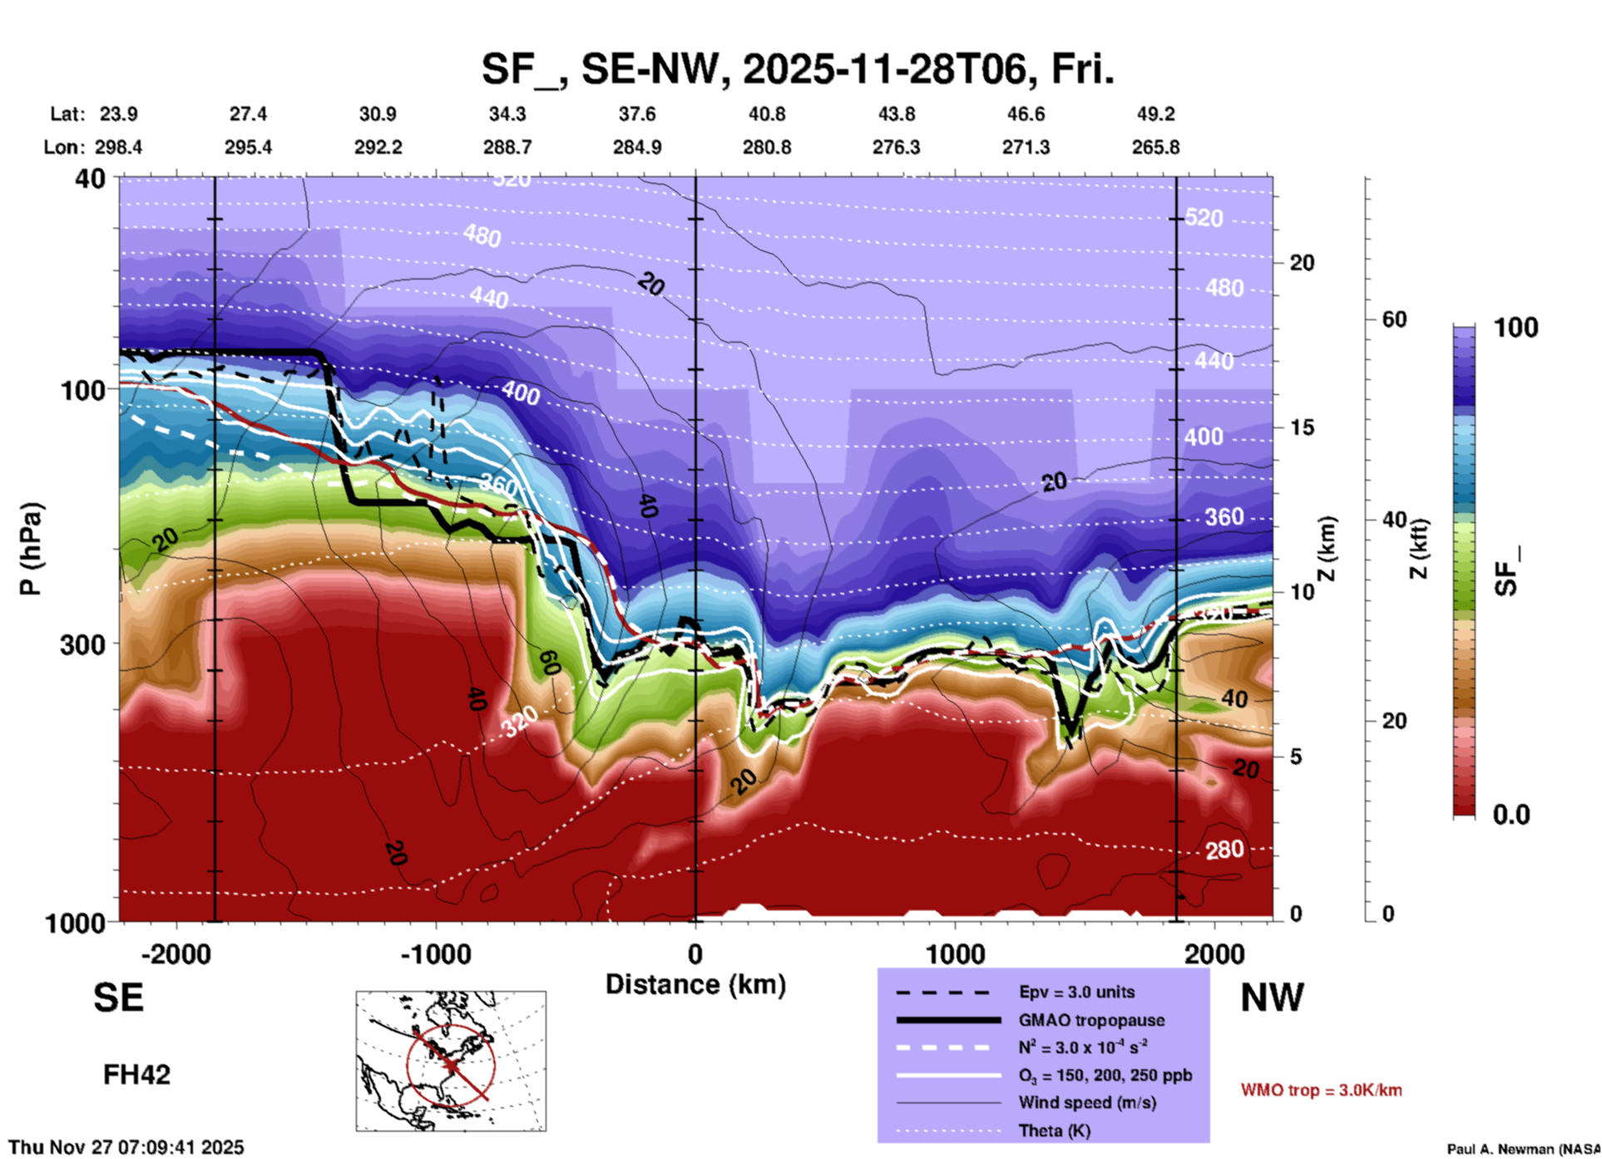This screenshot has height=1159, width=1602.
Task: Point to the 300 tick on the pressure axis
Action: coord(82,644)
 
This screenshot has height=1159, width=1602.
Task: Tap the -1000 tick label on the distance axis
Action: coord(436,954)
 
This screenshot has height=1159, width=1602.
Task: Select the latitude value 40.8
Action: coord(766,114)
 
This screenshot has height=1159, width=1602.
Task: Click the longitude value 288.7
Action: coord(507,147)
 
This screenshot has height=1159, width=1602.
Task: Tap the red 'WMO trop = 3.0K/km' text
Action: coord(1321,1090)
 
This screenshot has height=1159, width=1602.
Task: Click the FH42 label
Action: coord(136,1075)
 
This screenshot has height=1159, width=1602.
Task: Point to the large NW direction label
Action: coord(1272,998)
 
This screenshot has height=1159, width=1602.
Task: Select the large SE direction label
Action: coord(118,998)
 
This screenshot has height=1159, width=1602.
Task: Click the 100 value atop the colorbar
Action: coord(1515,328)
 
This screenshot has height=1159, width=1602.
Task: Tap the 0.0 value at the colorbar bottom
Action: coord(1511,814)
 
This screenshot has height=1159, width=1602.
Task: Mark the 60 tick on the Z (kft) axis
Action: coord(1394,319)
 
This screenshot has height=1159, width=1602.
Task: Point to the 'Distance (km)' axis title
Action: coord(695,984)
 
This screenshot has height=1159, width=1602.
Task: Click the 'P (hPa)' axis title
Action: coord(31,549)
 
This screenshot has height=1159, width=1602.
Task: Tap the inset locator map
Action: coord(451,1060)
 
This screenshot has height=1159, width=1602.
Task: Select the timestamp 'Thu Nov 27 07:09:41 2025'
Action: coord(126,1147)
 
